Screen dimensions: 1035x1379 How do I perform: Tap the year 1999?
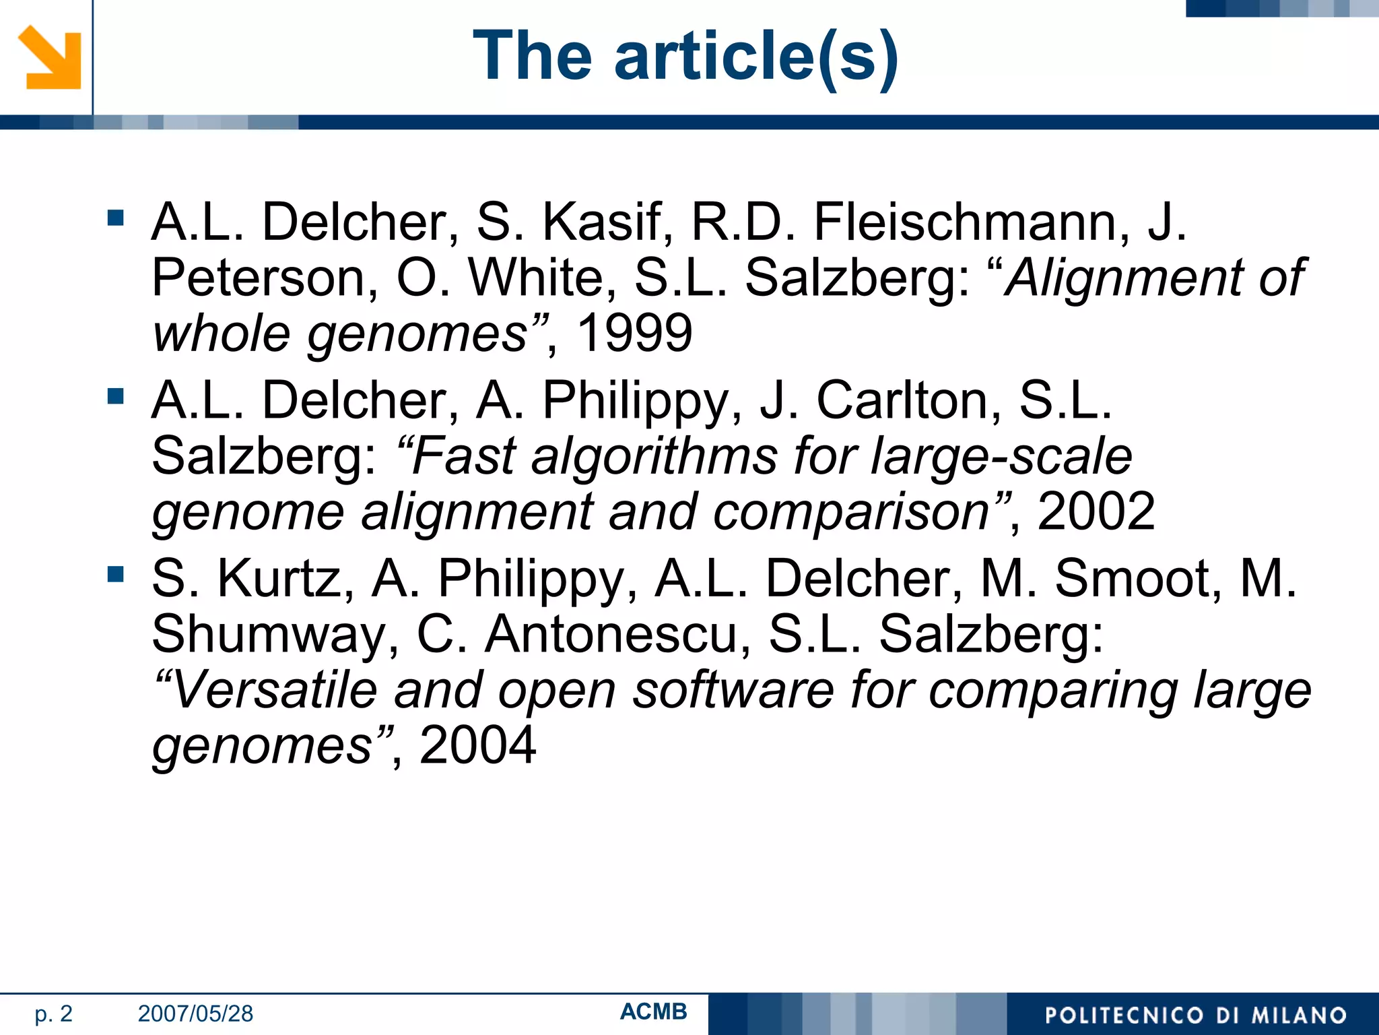pos(634,333)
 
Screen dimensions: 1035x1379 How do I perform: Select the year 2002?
pos(1096,511)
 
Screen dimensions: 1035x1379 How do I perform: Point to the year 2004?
pos(477,745)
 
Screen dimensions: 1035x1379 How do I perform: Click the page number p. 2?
pos(53,1013)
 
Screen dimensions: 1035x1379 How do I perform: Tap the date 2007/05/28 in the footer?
pos(195,1013)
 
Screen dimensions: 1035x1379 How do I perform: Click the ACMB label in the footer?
pos(653,1011)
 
